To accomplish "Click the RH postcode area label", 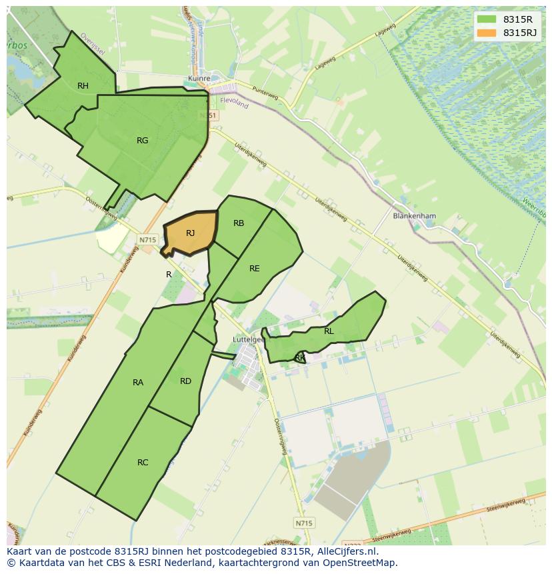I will pyautogui.click(x=83, y=85).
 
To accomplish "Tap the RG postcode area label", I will pyautogui.click(x=142, y=140).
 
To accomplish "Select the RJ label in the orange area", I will pyautogui.click(x=190, y=233).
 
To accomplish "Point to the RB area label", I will pyautogui.click(x=239, y=223).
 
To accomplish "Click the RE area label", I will pyautogui.click(x=254, y=268).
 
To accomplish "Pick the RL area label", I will pyautogui.click(x=329, y=331).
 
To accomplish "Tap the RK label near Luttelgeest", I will pyautogui.click(x=300, y=358).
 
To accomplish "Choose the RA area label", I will pyautogui.click(x=138, y=382).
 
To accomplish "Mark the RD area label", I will pyautogui.click(x=185, y=381).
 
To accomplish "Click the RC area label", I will pyautogui.click(x=143, y=462).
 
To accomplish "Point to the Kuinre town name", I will pyautogui.click(x=199, y=78).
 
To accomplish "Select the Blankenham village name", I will pyautogui.click(x=414, y=216).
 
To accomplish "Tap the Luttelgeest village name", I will pyautogui.click(x=248, y=339).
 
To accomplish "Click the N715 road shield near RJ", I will pyautogui.click(x=147, y=239).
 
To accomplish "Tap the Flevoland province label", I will pyautogui.click(x=233, y=104).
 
